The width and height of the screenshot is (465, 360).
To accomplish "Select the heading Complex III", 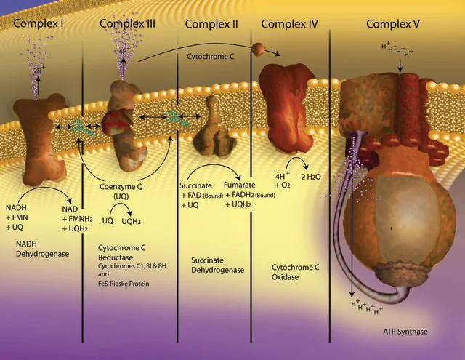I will [x=127, y=24].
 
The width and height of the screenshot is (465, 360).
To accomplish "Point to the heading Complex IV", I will [x=289, y=24].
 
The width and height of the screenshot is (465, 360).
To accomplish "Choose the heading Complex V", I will [x=394, y=24].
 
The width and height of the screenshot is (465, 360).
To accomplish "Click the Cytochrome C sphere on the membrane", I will [x=259, y=49].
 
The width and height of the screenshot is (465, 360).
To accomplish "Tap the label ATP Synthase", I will [x=405, y=332].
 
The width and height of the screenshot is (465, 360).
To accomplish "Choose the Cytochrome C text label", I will [x=211, y=55].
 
